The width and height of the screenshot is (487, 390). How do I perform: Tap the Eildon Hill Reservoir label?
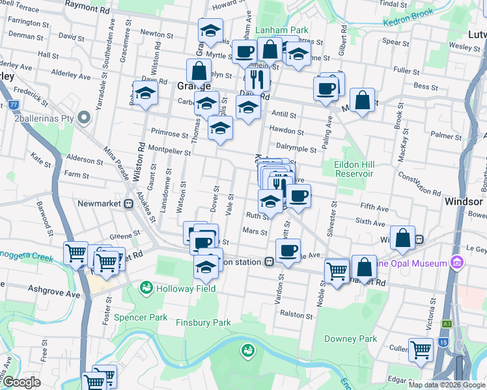coord(354,169)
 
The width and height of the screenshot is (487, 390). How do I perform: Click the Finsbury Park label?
coord(203,322)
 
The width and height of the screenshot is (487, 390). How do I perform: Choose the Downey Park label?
coord(350,339)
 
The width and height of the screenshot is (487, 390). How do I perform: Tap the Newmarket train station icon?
coord(129,203)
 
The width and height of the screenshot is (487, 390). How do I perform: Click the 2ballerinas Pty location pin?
coord(83,118)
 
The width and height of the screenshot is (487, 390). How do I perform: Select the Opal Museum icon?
coord(456,263)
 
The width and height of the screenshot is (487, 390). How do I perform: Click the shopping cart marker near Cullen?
coord(421,350)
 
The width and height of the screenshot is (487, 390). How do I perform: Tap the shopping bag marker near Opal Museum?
coord(364,266)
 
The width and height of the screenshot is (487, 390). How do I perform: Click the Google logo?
coord(21,383)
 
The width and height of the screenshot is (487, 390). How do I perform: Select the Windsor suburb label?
coord(463,201)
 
